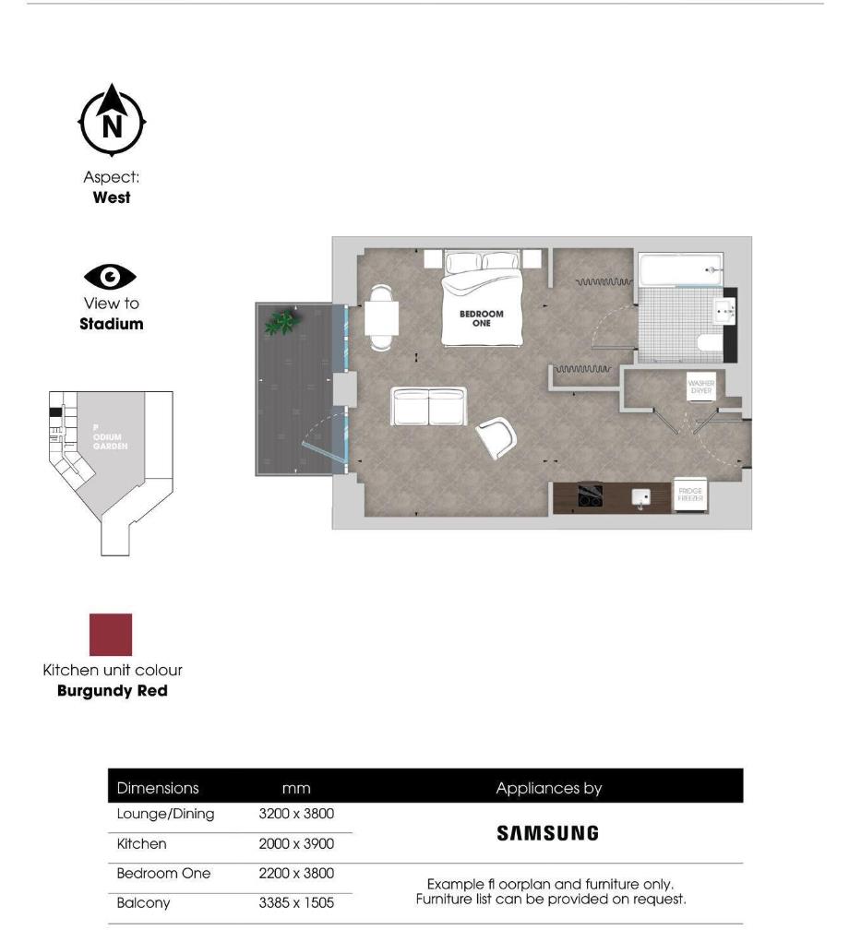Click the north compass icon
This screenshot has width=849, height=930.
(x=112, y=120)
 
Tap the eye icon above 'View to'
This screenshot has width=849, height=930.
(x=111, y=276)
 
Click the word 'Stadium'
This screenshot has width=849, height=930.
(x=111, y=324)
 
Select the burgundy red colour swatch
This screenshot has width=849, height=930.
(x=111, y=635)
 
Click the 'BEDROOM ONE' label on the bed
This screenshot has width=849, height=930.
(x=482, y=317)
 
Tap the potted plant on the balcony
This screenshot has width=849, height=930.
(x=282, y=321)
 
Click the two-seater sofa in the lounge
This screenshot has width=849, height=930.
(x=429, y=406)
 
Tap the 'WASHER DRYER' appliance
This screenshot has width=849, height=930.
(x=700, y=387)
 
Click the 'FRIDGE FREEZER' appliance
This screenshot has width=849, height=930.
(x=691, y=495)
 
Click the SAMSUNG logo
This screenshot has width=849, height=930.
(x=547, y=833)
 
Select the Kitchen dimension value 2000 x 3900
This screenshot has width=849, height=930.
(x=296, y=844)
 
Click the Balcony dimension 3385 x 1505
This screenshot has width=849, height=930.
(x=296, y=903)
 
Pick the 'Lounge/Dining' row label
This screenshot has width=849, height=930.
(x=165, y=814)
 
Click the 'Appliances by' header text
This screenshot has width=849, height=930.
(x=548, y=788)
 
